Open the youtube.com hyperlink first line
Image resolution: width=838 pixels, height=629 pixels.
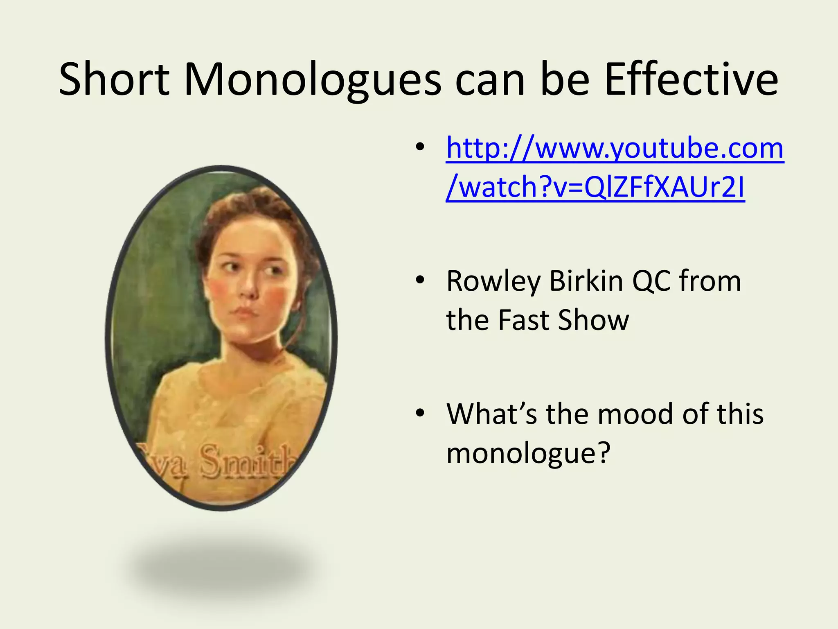pos(615,148)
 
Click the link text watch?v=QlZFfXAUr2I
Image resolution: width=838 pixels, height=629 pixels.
pos(595,188)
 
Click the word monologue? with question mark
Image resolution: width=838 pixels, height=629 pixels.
pos(528,453)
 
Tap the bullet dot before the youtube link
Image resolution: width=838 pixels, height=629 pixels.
pos(420,147)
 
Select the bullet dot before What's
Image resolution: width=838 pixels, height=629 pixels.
pos(420,414)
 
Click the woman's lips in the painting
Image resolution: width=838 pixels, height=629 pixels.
pos(245,312)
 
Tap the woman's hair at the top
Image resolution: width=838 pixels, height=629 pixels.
pos(246,205)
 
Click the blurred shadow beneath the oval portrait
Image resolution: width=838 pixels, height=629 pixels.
pos(223,569)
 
